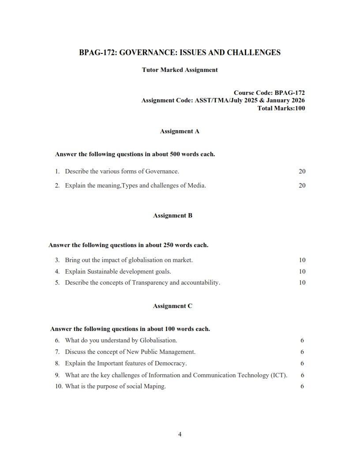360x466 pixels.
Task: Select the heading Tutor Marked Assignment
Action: click(180, 70)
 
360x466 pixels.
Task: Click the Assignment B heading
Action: click(172, 215)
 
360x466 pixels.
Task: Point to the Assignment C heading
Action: click(172, 305)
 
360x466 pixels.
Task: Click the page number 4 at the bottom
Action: click(180, 434)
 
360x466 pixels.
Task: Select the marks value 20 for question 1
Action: click(302, 171)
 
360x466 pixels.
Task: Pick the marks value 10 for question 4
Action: click(302, 271)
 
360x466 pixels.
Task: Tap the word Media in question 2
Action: click(197, 185)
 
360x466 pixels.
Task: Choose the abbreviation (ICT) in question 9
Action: click(278, 375)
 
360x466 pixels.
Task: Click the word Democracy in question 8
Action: click(172, 364)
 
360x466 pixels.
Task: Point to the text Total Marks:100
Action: click(281, 108)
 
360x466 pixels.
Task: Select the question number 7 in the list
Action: click(57, 352)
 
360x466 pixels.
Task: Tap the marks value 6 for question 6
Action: click(302, 340)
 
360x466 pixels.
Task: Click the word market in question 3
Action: click(183, 260)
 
